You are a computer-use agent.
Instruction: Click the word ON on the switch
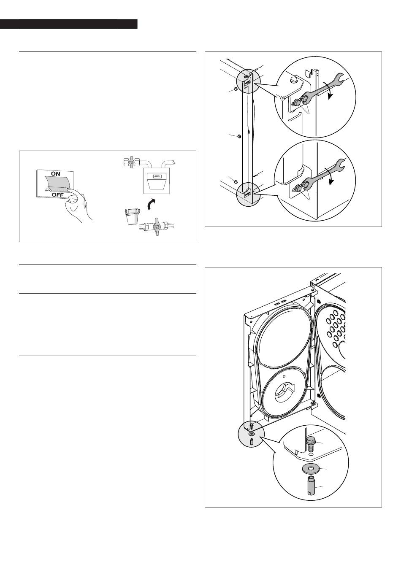[55, 174]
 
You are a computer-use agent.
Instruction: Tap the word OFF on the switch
[58, 194]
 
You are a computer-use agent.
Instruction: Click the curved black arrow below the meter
[152, 204]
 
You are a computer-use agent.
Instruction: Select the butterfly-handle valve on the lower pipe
[157, 226]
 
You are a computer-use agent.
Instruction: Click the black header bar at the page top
[69, 24]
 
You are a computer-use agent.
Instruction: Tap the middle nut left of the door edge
[238, 136]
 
